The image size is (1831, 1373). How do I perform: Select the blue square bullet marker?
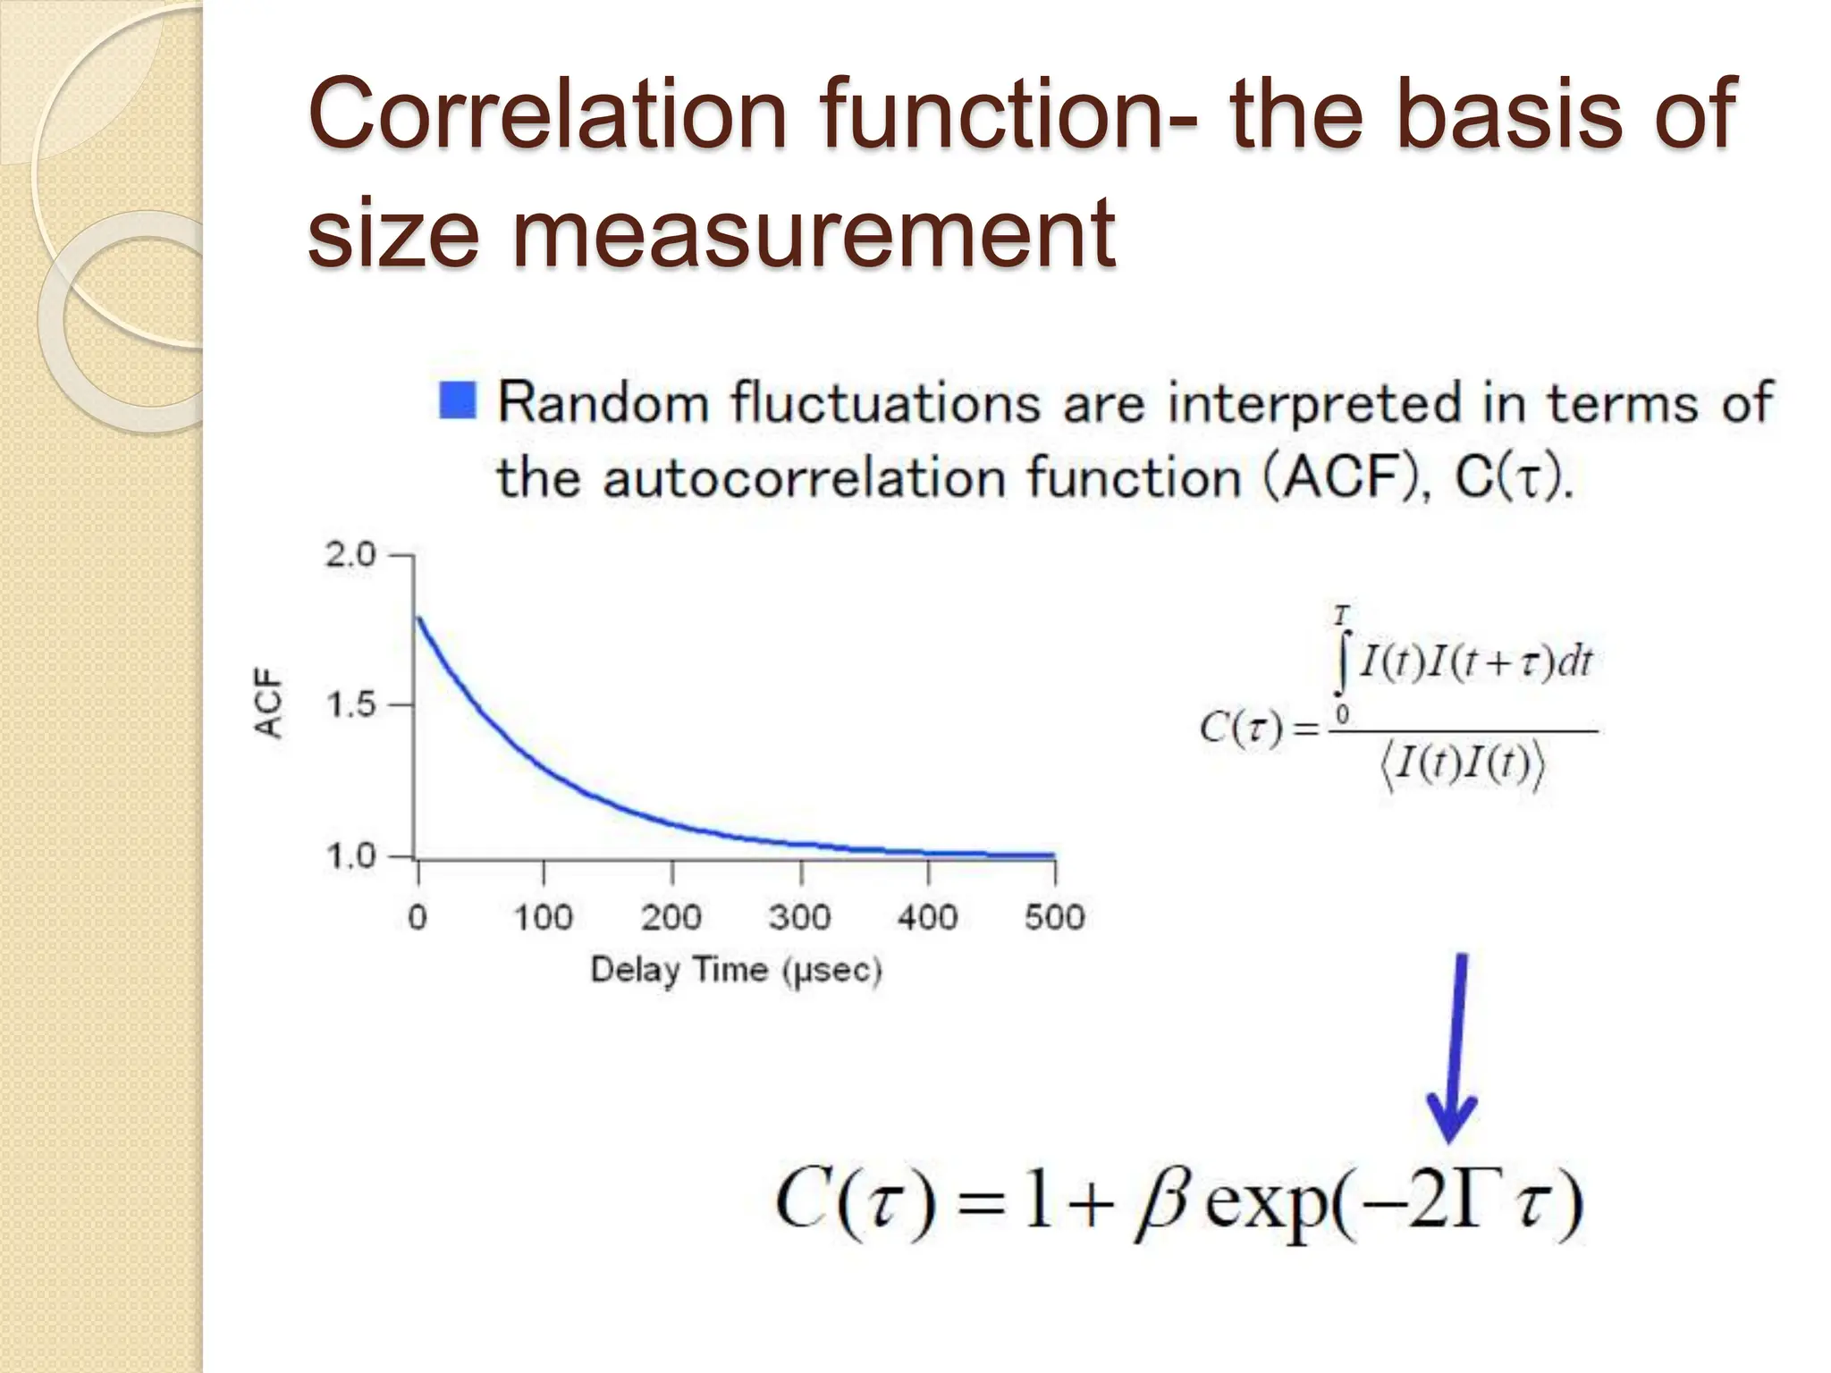(458, 400)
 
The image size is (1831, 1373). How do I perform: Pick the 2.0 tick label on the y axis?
(350, 555)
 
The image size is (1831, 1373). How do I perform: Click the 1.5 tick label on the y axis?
(350, 705)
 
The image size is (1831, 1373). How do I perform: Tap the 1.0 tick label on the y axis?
(350, 856)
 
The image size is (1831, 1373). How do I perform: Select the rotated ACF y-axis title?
(269, 703)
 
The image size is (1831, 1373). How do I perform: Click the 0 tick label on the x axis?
(418, 917)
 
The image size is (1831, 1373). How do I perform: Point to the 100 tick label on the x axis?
(543, 917)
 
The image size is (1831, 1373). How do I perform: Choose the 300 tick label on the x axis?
(799, 917)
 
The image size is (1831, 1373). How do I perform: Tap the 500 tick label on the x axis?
(1055, 917)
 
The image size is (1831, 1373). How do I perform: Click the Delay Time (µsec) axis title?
(736, 970)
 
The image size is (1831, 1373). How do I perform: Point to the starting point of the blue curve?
(418, 618)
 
